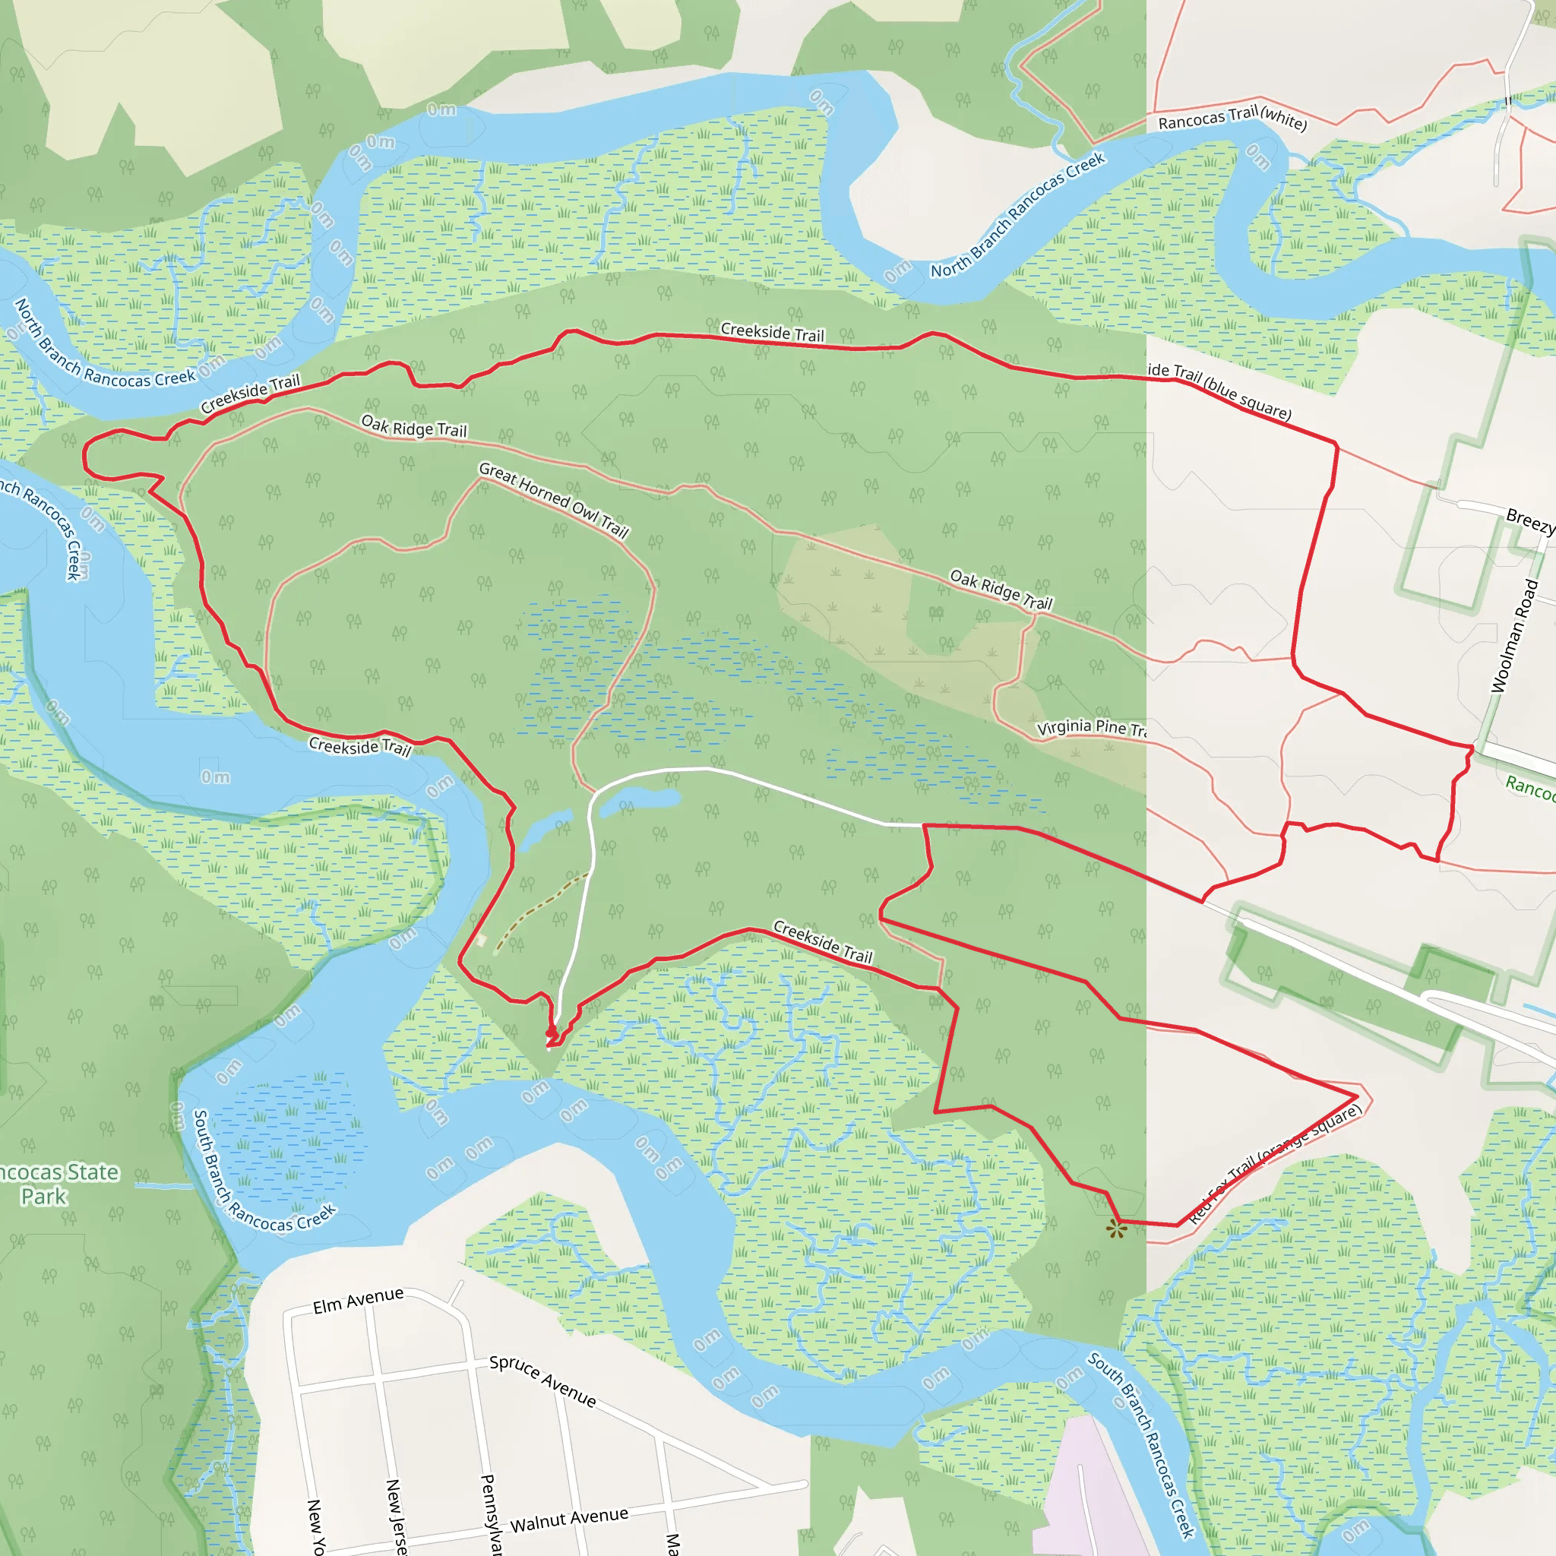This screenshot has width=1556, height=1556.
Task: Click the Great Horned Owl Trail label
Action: coord(554,499)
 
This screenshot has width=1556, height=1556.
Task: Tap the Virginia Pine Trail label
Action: coord(1091,727)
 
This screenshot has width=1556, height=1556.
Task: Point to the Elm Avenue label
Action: coord(358,1301)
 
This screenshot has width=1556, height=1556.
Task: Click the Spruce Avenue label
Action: coord(542,1380)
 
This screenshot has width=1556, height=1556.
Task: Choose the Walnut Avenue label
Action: coord(568,1520)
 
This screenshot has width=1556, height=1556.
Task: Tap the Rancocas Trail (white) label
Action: coord(1232,119)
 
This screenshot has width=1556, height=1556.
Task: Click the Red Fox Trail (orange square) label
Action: coord(1276,1163)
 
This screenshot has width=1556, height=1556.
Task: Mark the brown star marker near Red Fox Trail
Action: coord(1115,1229)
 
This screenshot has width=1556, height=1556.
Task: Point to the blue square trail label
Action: coord(1219,391)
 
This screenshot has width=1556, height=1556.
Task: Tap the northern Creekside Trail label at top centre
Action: coord(773,332)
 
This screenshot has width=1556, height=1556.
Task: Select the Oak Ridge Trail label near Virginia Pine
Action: coord(1001,590)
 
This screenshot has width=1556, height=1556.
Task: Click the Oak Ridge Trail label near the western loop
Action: coord(414,426)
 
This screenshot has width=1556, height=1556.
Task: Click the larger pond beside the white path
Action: coord(640,800)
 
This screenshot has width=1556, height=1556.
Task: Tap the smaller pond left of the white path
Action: coord(546,830)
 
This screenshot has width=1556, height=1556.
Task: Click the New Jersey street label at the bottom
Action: coord(395,1514)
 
